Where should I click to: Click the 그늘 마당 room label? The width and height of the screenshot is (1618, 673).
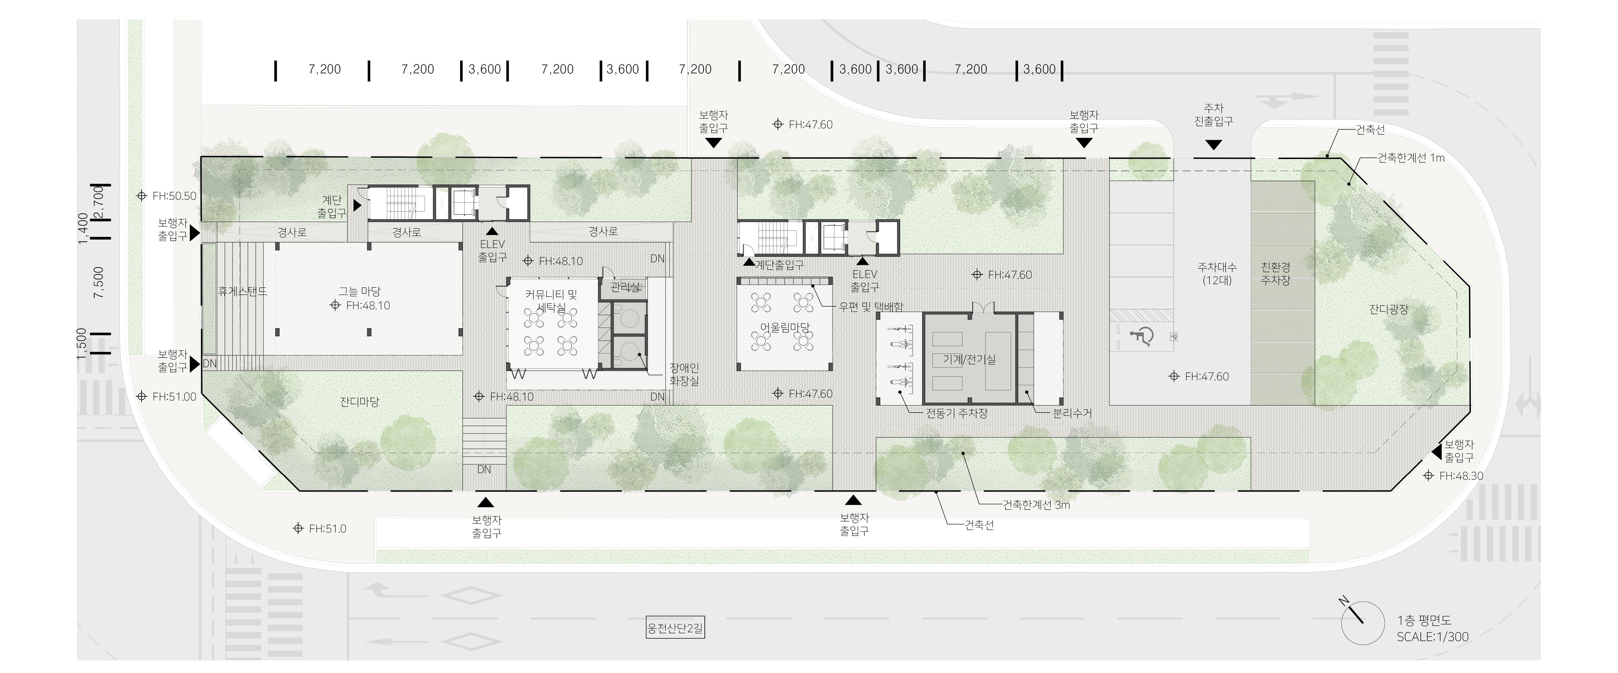pyautogui.click(x=359, y=291)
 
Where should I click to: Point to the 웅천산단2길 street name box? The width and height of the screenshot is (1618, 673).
pyautogui.click(x=675, y=628)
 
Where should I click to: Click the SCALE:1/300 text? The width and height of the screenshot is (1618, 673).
pyautogui.click(x=1433, y=636)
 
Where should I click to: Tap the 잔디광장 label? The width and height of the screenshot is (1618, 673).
pyautogui.click(x=1389, y=309)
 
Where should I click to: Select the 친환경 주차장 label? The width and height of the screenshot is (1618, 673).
pyautogui.click(x=1276, y=274)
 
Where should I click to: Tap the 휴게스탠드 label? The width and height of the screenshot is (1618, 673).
pyautogui.click(x=242, y=291)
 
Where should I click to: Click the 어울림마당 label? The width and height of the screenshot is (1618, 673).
pyautogui.click(x=785, y=328)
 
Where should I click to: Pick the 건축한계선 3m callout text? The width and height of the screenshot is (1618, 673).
pyautogui.click(x=1036, y=505)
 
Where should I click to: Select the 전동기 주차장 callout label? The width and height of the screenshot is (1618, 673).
pyautogui.click(x=957, y=414)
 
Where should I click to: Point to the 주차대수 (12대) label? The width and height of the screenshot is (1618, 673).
pyautogui.click(x=1217, y=274)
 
